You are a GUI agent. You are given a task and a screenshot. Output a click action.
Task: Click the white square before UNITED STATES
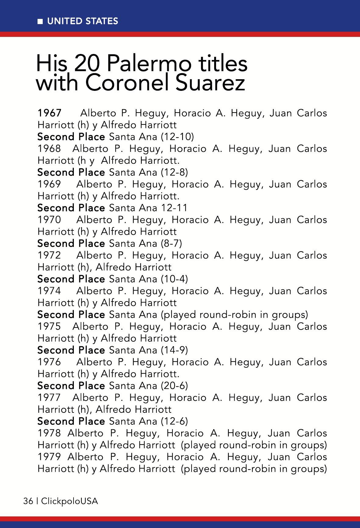point(40,22)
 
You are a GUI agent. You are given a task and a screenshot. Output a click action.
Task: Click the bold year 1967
point(49,113)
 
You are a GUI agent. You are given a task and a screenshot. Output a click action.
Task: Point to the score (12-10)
point(177,137)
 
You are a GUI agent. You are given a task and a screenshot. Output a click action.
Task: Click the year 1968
point(49,149)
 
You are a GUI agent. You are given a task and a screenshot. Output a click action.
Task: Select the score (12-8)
point(174,172)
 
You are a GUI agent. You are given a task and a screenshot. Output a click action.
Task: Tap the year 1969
point(49,184)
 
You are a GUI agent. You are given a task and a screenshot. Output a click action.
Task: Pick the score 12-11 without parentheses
point(174,208)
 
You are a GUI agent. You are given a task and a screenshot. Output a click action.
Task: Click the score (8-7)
point(171,243)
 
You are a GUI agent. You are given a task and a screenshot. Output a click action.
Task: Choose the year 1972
point(49,255)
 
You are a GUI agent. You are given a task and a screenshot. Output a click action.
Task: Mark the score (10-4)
point(174,279)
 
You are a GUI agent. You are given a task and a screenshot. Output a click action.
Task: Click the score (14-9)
point(174,350)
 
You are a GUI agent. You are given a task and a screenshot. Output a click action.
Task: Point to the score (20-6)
point(174,386)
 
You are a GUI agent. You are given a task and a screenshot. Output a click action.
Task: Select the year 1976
point(49,362)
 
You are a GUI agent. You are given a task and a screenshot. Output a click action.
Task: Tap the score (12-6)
point(174,421)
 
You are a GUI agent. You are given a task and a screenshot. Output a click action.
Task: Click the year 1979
point(49,457)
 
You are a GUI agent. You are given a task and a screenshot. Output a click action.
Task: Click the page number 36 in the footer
point(28,501)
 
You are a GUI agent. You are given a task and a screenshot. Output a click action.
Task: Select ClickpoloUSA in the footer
point(70,501)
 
